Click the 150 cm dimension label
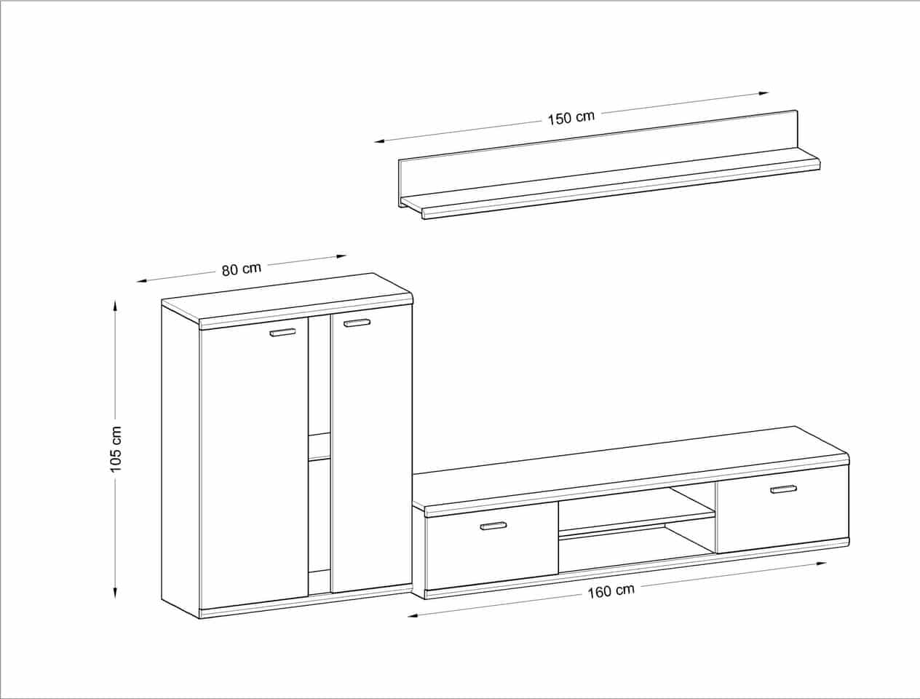click(571, 117)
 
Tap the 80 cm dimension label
click(242, 269)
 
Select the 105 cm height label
click(116, 449)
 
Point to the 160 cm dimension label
click(611, 592)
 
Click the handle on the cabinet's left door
click(282, 332)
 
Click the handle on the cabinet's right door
click(357, 323)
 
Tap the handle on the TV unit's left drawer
click(493, 526)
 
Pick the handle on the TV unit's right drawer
click(783, 489)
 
